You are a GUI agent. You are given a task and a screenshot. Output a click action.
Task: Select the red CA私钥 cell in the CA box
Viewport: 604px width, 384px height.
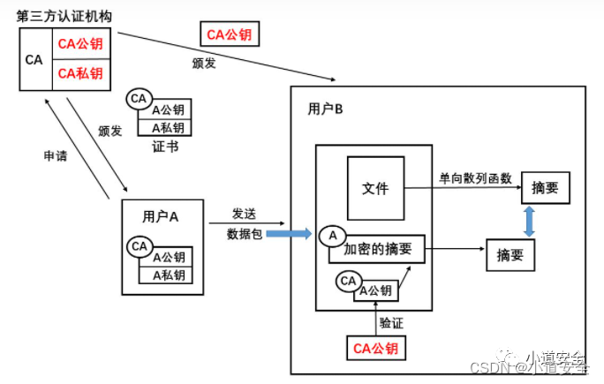tap(79, 73)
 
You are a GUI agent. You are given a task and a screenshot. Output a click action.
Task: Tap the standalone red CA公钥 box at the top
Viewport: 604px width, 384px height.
tap(229, 34)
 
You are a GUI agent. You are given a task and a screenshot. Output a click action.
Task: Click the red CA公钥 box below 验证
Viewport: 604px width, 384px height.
tap(375, 348)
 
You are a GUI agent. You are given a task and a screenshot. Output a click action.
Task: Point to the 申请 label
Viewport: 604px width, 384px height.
tap(56, 155)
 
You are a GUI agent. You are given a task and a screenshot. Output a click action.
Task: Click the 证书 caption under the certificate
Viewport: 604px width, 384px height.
tap(165, 147)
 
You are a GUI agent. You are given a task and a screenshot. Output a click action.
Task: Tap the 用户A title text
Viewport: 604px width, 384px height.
tap(161, 216)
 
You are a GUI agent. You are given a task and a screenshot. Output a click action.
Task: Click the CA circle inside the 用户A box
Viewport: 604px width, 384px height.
tap(139, 246)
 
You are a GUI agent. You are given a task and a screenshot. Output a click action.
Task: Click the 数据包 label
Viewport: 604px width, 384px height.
tap(244, 234)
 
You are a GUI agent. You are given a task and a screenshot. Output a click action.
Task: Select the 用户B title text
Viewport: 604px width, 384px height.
tap(325, 109)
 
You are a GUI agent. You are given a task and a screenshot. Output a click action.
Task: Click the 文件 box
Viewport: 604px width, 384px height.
tap(375, 188)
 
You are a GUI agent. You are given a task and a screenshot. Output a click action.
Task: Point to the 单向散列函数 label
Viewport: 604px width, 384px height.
tap(475, 177)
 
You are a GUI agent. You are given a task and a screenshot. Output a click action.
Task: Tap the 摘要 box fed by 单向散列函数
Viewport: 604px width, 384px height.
tap(545, 188)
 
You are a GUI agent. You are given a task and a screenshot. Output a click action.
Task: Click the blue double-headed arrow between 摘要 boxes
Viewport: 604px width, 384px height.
tap(529, 222)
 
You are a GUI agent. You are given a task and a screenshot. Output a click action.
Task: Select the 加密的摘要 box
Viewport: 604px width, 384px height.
tap(377, 249)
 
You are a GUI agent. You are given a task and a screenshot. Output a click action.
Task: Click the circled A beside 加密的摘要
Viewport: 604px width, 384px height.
tap(333, 236)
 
